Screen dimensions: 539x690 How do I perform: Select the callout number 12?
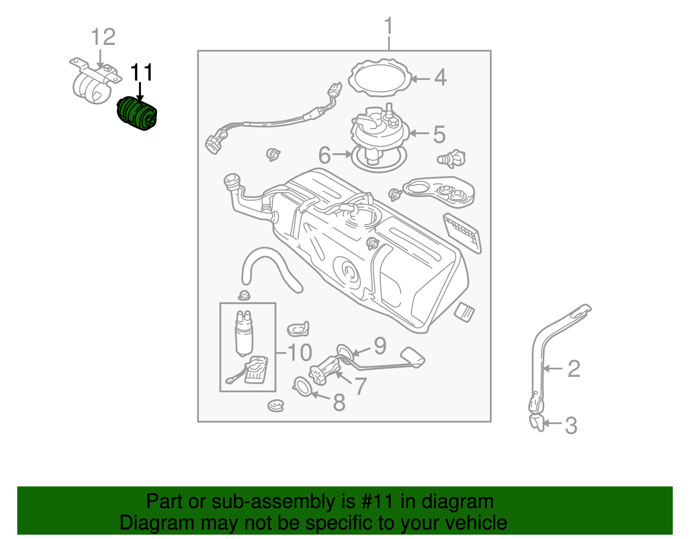[x=103, y=37]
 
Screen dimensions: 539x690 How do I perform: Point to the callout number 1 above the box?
[x=389, y=26]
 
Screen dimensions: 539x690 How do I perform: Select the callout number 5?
[x=439, y=135]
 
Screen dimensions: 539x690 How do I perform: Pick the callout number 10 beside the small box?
[x=299, y=353]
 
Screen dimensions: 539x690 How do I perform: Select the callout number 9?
[x=379, y=346]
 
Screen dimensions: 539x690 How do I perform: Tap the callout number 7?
[x=360, y=385]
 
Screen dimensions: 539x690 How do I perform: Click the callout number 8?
[x=339, y=403]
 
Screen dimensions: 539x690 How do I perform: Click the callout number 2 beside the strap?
[x=574, y=369]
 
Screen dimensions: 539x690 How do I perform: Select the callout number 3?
[x=571, y=426]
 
